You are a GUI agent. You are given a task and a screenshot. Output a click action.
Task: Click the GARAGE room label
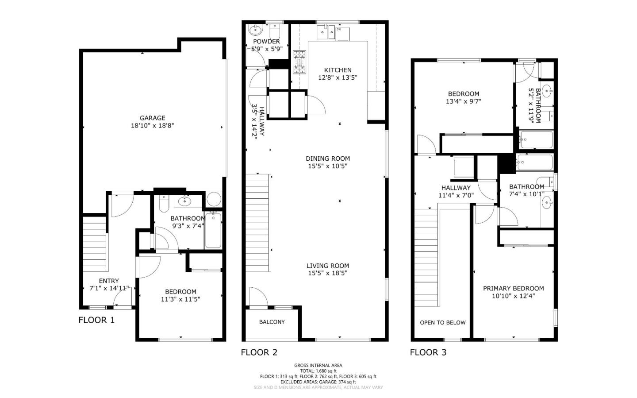click(x=152, y=118)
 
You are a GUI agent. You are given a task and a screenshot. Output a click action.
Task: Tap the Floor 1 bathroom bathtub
click(x=213, y=231)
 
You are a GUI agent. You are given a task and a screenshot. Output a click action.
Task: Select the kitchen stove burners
click(x=299, y=62)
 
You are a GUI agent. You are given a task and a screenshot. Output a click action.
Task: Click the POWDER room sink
click(x=255, y=30)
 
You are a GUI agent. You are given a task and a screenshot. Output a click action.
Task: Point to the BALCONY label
click(x=272, y=322)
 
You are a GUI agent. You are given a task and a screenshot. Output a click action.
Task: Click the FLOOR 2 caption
click(x=259, y=352)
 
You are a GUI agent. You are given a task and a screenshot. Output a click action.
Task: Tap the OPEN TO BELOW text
click(x=442, y=322)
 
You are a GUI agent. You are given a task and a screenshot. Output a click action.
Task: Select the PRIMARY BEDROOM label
click(x=513, y=288)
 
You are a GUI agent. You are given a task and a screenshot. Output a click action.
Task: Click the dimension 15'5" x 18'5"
click(x=327, y=273)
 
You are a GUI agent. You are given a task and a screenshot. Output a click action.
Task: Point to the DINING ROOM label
click(x=327, y=158)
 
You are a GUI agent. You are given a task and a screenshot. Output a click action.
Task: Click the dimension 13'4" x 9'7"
click(x=463, y=101)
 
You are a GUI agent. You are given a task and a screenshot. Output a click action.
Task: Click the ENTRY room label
click(x=109, y=281)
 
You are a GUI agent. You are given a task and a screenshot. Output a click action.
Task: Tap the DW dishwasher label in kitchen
click(x=339, y=29)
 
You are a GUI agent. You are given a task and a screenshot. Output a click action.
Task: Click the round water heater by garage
click(x=214, y=199)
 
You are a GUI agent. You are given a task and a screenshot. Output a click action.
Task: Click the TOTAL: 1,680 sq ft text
click(x=318, y=371)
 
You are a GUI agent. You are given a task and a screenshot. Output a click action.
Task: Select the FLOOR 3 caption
click(x=428, y=352)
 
